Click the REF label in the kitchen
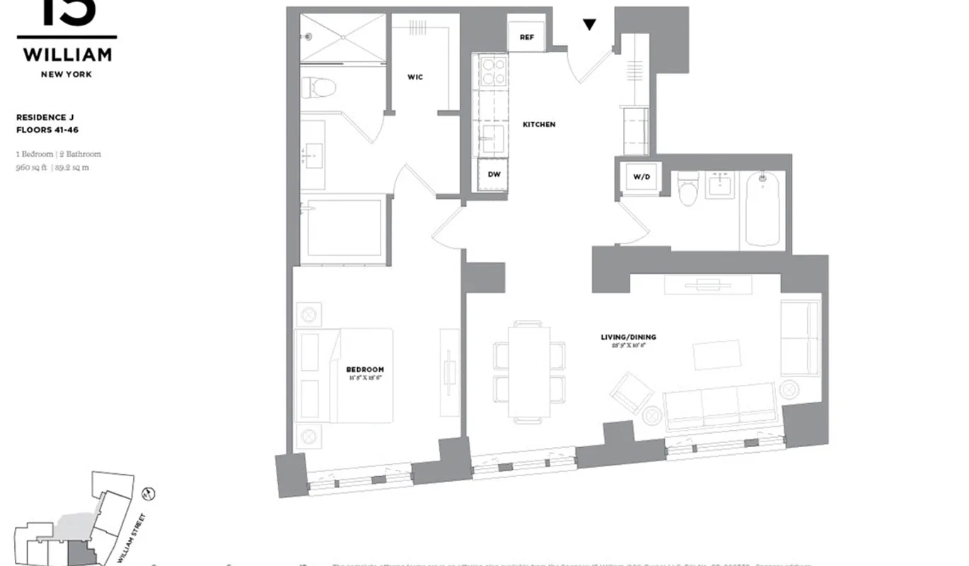pyautogui.click(x=526, y=37)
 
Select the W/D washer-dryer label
pyautogui.click(x=641, y=177)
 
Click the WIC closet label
pyautogui.click(x=415, y=76)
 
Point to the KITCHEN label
pyautogui.click(x=539, y=125)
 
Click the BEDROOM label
pyautogui.click(x=365, y=369)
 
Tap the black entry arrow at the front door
pyautogui.click(x=589, y=25)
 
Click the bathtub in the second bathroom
pyautogui.click(x=762, y=209)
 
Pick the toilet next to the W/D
pyautogui.click(x=688, y=190)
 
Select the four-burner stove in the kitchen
pyautogui.click(x=492, y=71)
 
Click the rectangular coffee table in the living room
pyautogui.click(x=716, y=354)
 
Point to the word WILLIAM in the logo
pyautogui.click(x=67, y=54)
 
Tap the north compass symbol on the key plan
pyautogui.click(x=149, y=492)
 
